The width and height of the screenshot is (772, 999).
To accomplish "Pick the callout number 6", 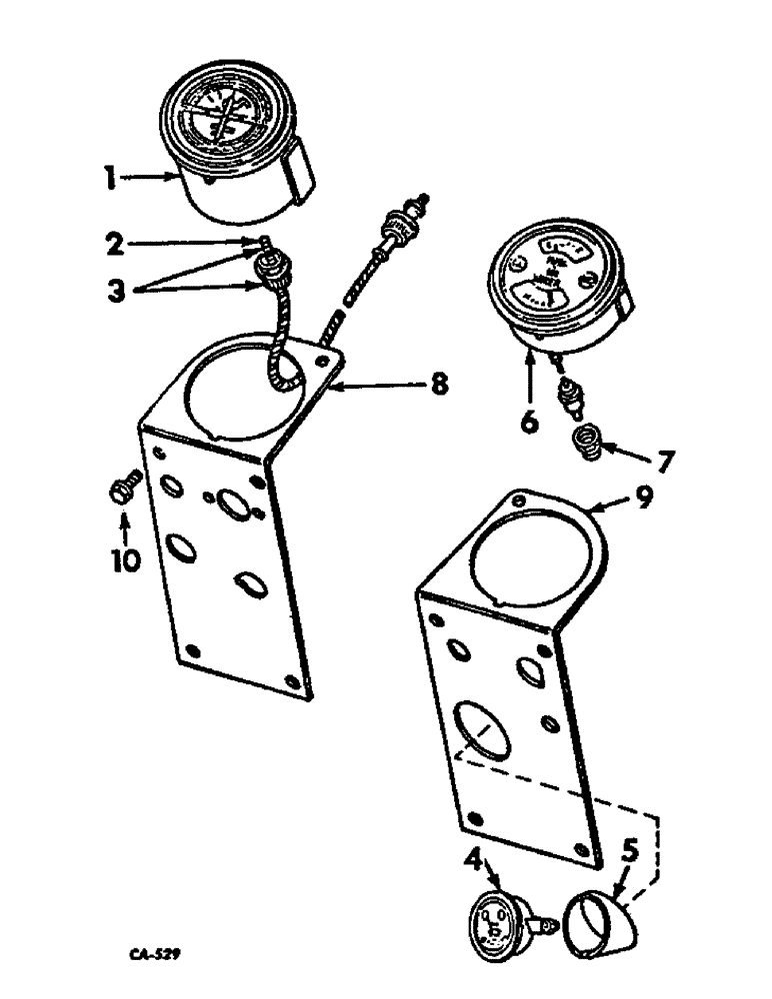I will (x=529, y=421).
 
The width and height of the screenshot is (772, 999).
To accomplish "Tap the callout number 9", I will (x=645, y=496).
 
